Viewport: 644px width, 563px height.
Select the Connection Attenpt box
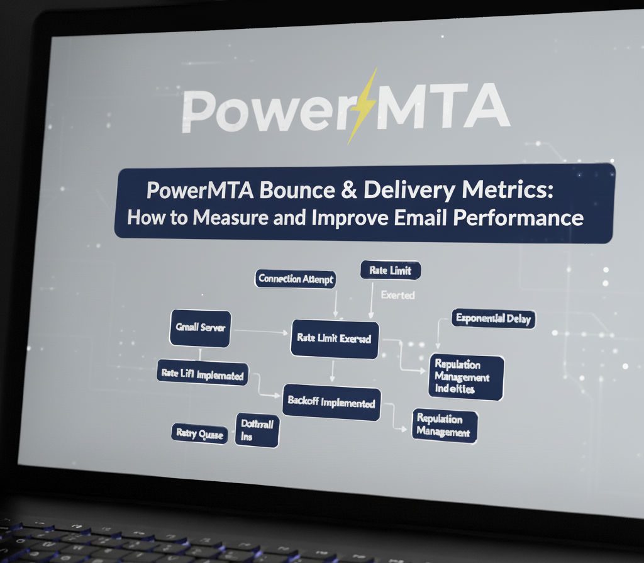296,279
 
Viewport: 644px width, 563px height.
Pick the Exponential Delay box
493,318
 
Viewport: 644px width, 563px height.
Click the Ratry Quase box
199,433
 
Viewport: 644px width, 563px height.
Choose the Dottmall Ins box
257,430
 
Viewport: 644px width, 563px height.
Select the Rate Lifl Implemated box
202,374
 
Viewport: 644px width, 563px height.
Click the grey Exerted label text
398,294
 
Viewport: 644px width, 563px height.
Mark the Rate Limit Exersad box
334,338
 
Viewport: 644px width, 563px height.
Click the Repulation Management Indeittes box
467,377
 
